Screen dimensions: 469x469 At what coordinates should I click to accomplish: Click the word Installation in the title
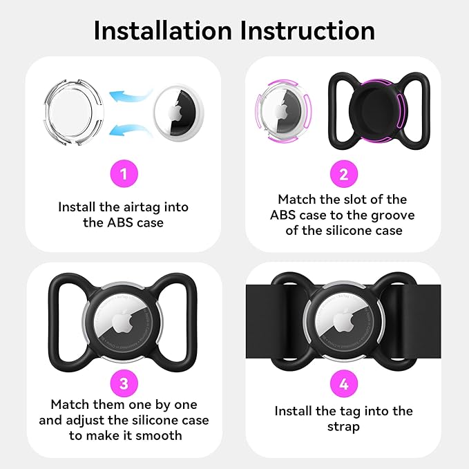(163, 30)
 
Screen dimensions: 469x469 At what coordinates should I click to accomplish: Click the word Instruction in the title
(307, 30)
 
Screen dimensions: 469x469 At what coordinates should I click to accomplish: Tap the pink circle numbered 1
(124, 174)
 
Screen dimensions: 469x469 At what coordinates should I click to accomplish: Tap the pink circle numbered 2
(344, 174)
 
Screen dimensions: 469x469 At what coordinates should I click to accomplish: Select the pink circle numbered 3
(124, 383)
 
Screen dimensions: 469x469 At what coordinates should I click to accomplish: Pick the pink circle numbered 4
(344, 383)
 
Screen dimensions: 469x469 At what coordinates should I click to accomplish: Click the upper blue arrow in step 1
(130, 96)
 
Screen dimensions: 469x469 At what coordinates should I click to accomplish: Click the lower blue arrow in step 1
(130, 130)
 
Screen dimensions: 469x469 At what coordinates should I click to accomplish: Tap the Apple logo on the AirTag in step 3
(123, 322)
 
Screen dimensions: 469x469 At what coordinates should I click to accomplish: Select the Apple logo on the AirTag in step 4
(344, 322)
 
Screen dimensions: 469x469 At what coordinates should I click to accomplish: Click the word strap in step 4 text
(344, 427)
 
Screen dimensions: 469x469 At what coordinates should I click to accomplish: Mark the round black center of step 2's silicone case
(378, 111)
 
